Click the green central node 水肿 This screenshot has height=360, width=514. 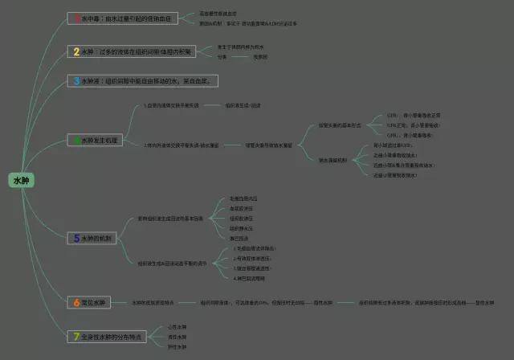21,181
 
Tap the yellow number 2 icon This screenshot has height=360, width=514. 76,51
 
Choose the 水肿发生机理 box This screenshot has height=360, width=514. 96,140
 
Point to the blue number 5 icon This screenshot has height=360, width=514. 76,238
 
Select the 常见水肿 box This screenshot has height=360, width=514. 89,302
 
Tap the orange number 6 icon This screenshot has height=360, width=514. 76,302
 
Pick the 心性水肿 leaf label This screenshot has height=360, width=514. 177,327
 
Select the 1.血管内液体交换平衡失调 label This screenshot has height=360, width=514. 171,105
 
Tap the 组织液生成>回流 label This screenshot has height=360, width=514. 243,105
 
